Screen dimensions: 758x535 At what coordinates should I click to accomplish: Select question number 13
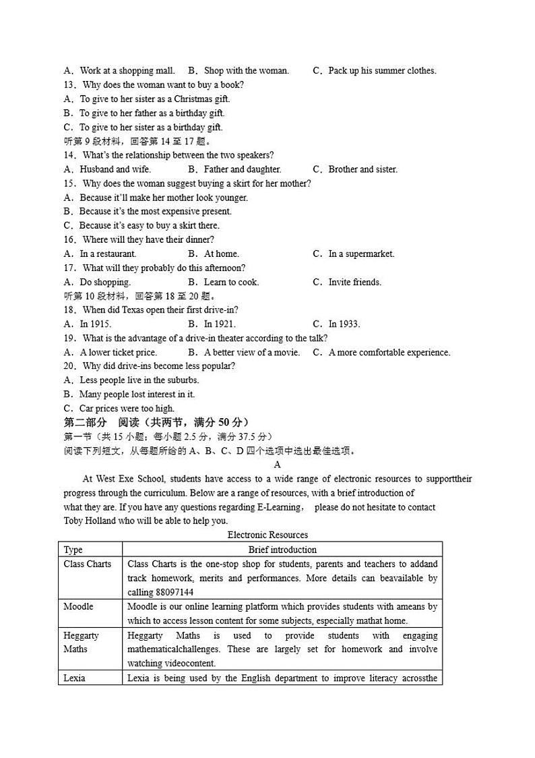coord(71,85)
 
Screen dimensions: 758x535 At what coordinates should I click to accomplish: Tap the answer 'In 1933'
coord(344,324)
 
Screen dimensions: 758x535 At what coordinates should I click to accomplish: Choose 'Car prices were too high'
coord(126,409)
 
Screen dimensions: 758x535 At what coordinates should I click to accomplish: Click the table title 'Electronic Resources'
coord(267,535)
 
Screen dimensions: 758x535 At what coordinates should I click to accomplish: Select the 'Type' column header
coord(73,550)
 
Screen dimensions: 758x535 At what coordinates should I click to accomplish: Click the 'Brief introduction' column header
coord(282,550)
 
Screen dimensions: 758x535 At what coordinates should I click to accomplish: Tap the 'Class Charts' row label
coord(88,564)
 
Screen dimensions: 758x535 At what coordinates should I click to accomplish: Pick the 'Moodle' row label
coord(78,606)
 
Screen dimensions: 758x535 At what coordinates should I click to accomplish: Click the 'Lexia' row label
coord(74,678)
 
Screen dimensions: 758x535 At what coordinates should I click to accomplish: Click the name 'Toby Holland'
coord(90,521)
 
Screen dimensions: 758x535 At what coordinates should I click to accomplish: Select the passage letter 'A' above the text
coord(278,465)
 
